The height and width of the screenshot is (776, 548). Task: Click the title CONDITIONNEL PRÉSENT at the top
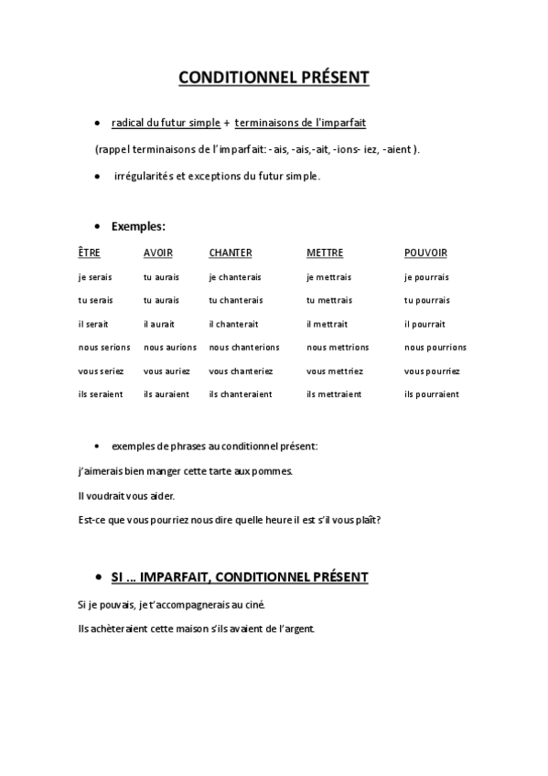(274, 78)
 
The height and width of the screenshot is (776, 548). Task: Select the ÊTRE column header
(89, 253)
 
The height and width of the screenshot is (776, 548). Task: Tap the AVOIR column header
(157, 253)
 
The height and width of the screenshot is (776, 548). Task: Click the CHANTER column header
(230, 253)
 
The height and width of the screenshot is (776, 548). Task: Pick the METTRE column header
(325, 253)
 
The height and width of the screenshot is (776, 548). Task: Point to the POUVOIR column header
(425, 253)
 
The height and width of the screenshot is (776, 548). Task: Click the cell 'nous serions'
(104, 348)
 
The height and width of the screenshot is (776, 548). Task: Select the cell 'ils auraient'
(167, 394)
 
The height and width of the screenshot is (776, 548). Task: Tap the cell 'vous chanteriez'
(241, 371)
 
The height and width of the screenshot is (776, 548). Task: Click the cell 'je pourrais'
(427, 276)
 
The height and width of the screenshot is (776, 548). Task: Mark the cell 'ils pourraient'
(432, 394)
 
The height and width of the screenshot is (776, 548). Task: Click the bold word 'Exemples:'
(138, 225)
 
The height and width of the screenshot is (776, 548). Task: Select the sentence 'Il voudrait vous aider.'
(126, 496)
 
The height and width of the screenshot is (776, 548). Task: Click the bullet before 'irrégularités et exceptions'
(97, 176)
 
